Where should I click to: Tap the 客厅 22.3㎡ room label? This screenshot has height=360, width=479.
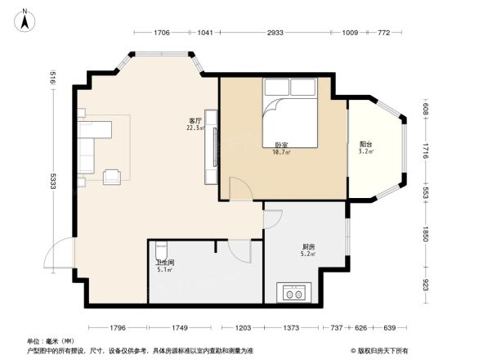click(195, 124)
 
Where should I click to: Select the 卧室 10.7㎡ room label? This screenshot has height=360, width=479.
click(282, 148)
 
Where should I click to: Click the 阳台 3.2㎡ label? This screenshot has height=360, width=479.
click(365, 147)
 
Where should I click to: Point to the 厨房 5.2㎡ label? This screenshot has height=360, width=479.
click(309, 250)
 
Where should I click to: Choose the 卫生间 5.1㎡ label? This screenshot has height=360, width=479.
click(164, 266)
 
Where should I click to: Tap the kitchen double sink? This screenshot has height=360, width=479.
click(294, 291)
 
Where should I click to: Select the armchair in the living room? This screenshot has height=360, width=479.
click(112, 174)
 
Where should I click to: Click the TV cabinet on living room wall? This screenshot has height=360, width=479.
click(213, 147)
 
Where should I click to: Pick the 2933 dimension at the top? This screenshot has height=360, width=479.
click(275, 33)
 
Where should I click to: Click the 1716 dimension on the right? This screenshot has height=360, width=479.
click(426, 152)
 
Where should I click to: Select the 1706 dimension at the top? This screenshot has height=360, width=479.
click(161, 33)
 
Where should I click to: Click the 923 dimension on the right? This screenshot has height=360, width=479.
click(426, 286)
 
